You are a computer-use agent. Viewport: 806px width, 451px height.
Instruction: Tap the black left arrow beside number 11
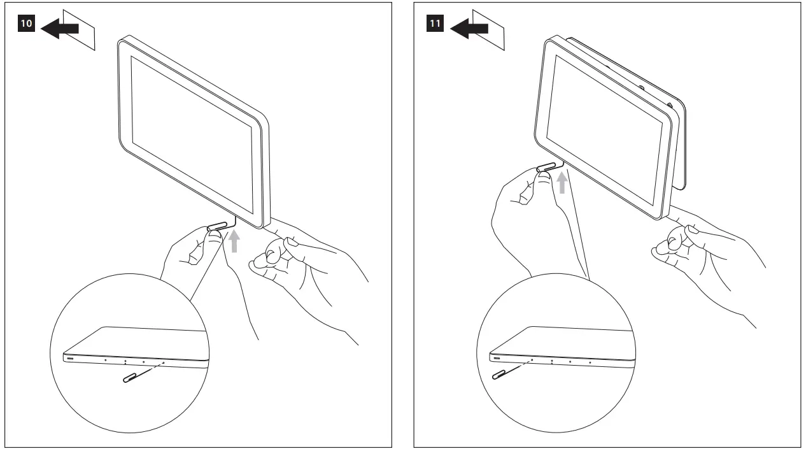[x=469, y=29]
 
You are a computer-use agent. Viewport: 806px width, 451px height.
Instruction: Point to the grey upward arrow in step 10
[x=235, y=241]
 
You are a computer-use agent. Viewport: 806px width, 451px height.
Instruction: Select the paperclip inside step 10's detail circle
[x=133, y=376]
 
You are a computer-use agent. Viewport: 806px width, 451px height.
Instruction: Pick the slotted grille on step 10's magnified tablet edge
[x=69, y=358]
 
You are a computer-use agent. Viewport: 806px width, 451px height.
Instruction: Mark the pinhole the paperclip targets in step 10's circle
[x=164, y=362]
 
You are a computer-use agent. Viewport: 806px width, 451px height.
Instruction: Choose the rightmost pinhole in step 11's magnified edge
[x=590, y=362]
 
